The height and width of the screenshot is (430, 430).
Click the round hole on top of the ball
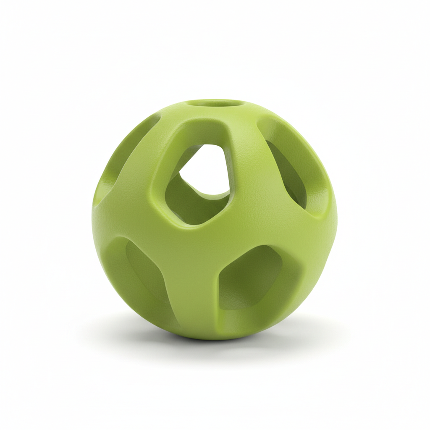click(215, 103)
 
